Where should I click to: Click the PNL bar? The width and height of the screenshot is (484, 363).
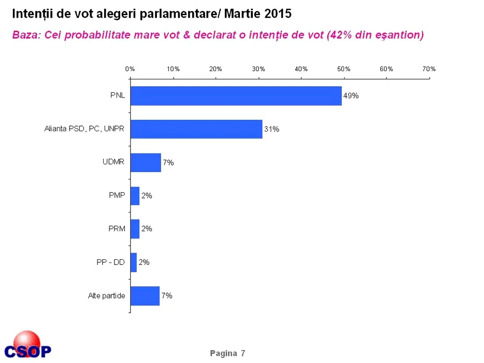click(236, 96)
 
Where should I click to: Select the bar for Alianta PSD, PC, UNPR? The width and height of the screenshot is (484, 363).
click(196, 129)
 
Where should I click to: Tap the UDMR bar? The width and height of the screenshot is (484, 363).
click(146, 162)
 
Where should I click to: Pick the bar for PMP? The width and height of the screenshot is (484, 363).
click(135, 196)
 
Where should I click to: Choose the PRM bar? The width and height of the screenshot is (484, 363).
click(135, 229)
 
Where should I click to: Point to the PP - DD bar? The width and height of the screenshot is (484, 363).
click(134, 262)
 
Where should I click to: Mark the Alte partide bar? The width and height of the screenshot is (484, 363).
click(145, 295)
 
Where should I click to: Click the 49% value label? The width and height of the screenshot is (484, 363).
click(351, 96)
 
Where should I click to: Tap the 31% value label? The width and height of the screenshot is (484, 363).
click(272, 129)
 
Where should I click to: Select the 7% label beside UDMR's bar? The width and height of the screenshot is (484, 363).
click(168, 162)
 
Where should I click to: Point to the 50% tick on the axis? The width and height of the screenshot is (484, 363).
click(344, 69)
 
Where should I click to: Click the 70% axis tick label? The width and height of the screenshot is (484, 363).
click(429, 69)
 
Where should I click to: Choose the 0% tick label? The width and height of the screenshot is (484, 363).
click(130, 69)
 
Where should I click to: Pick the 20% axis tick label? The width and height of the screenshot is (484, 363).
click(216, 69)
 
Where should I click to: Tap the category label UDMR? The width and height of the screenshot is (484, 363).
click(113, 162)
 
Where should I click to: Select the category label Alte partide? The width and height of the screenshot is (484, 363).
click(106, 296)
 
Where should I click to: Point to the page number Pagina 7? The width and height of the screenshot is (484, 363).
click(227, 353)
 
